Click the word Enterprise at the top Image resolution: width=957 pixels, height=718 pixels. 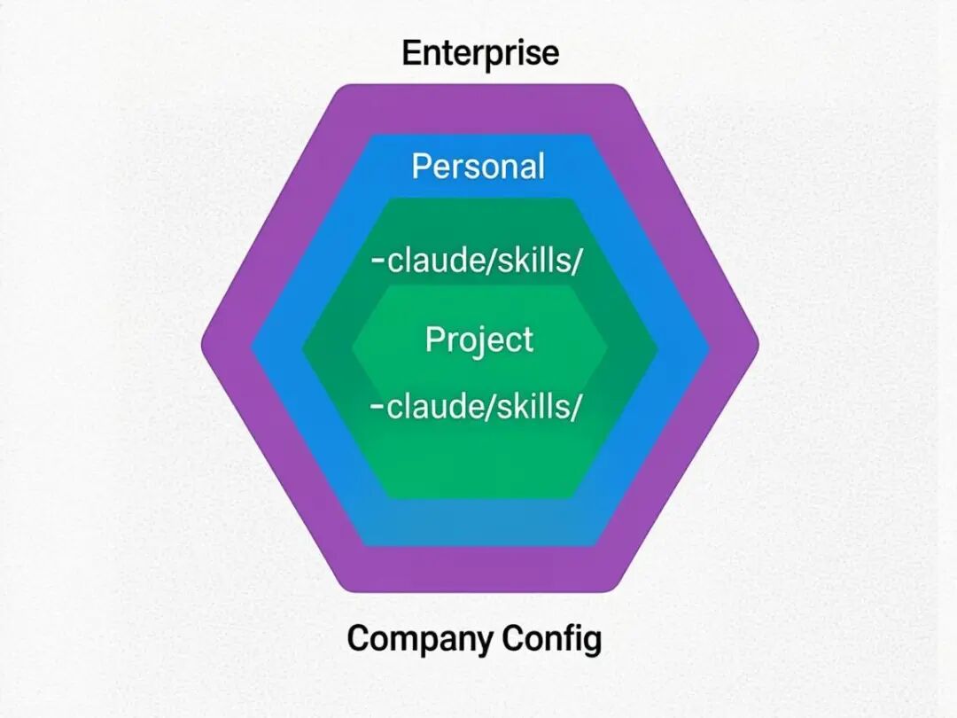480,53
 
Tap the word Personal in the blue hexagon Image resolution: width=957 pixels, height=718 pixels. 478,167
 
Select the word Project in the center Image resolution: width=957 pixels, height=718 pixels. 479,340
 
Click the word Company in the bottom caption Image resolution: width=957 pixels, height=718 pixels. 421,638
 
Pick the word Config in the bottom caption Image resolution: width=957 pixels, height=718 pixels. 552,638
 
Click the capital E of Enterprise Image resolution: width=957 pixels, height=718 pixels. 411,53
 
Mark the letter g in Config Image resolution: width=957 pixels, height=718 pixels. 591,641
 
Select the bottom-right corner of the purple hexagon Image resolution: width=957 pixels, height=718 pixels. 618,586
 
